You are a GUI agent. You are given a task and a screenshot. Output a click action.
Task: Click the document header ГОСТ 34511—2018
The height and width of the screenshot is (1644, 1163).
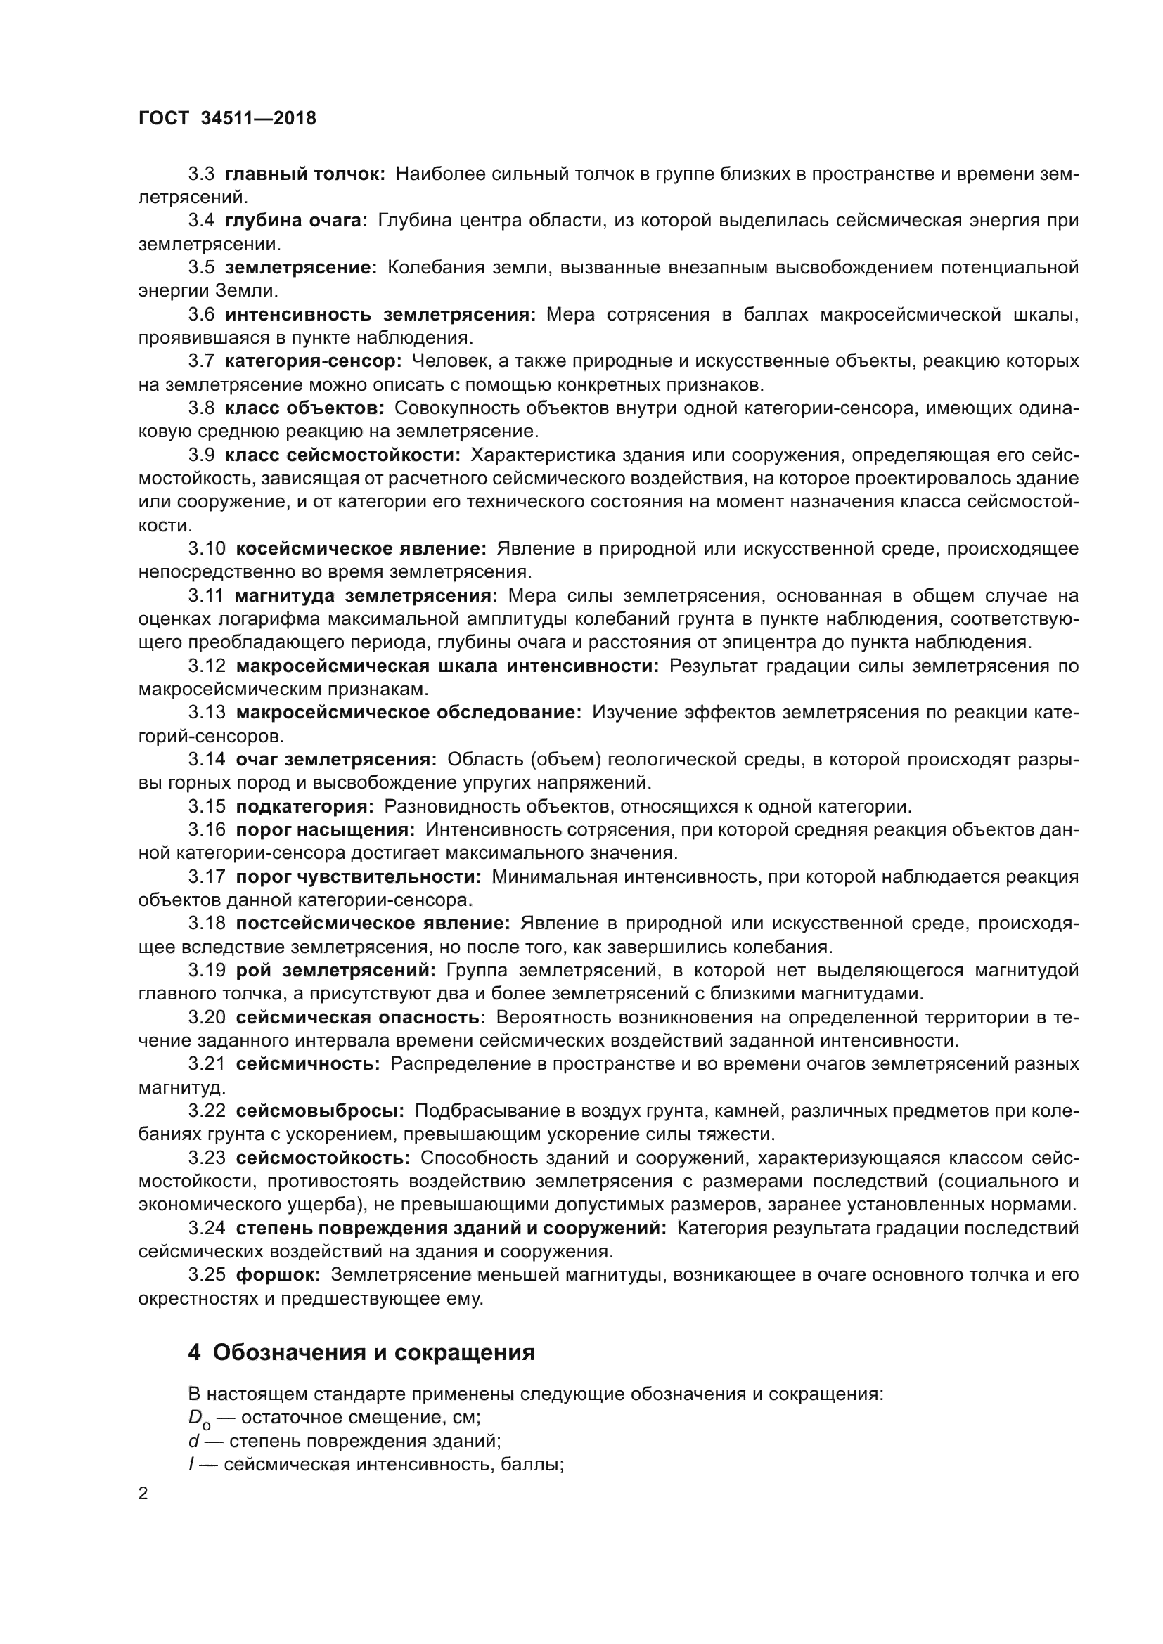pyautogui.click(x=227, y=119)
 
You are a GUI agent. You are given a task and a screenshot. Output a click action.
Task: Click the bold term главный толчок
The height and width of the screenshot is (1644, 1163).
pyautogui.click(x=305, y=174)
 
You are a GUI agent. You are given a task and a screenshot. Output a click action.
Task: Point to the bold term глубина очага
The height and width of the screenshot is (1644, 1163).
pyautogui.click(x=296, y=221)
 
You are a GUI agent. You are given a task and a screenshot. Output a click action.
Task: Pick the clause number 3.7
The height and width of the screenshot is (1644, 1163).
pyautogui.click(x=201, y=361)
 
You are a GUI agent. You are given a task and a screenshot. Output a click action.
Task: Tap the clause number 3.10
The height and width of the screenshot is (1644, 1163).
pyautogui.click(x=207, y=548)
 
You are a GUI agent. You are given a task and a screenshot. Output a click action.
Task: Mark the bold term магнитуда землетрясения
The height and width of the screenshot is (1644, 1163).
pyautogui.click(x=366, y=596)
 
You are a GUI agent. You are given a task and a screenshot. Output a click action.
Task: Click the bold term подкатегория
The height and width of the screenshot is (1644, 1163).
pyautogui.click(x=304, y=806)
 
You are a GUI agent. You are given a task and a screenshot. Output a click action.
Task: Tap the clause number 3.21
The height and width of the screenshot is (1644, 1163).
pyautogui.click(x=207, y=1063)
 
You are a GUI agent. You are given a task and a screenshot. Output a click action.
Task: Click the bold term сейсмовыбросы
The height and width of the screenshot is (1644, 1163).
pyautogui.click(x=320, y=1111)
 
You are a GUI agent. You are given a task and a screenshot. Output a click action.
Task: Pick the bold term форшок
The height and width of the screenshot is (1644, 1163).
pyautogui.click(x=278, y=1274)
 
